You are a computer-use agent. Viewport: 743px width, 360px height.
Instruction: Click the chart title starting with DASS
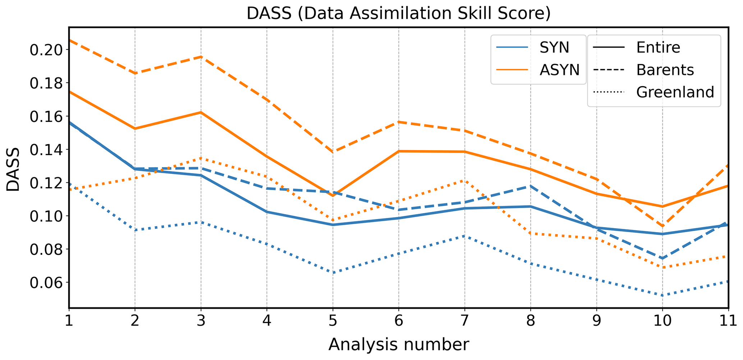tap(398, 14)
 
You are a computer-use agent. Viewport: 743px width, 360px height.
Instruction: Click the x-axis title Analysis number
tap(398, 344)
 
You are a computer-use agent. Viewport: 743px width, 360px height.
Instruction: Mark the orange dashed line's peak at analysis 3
tap(201, 56)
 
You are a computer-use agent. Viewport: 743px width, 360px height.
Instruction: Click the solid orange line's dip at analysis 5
tap(332, 195)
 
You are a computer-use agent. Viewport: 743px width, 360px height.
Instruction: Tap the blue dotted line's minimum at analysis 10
tap(662, 295)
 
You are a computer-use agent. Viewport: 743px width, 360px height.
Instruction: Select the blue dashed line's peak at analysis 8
tap(531, 186)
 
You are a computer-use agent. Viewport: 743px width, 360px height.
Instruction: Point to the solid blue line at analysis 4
tap(267, 212)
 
